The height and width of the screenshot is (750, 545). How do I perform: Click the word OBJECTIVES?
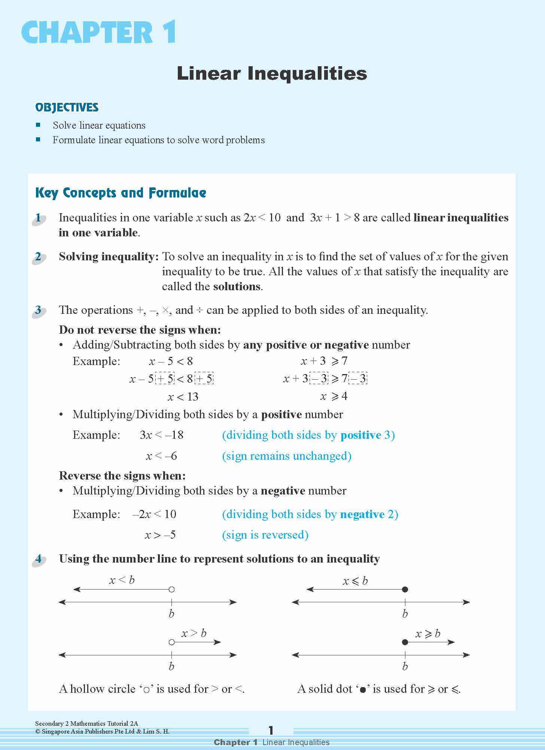tap(67, 108)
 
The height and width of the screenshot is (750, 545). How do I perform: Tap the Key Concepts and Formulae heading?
tap(121, 193)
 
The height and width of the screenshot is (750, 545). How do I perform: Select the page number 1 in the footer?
tap(271, 730)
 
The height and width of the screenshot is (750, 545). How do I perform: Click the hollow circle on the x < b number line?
tap(171, 590)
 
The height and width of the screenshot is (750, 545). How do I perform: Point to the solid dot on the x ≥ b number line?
tap(405, 642)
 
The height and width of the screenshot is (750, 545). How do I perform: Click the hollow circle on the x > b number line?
tap(171, 642)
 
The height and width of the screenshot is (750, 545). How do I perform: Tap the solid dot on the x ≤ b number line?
tap(405, 590)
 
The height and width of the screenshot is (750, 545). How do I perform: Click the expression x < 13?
tap(183, 397)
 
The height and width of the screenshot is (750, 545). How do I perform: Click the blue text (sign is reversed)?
tap(265, 535)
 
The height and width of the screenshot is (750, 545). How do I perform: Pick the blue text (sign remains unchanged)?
tap(286, 456)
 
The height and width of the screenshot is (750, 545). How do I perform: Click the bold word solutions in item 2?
tap(237, 287)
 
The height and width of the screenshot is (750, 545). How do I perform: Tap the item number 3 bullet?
tap(38, 310)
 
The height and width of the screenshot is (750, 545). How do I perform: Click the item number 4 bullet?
tap(38, 559)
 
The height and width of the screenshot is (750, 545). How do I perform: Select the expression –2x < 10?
tap(154, 514)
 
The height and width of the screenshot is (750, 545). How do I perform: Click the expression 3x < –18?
tap(161, 435)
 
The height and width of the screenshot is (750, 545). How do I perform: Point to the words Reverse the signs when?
tap(122, 476)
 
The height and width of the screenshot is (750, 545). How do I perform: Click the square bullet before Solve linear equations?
tap(38, 125)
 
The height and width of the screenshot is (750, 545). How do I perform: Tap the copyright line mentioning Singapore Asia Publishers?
tap(102, 731)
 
